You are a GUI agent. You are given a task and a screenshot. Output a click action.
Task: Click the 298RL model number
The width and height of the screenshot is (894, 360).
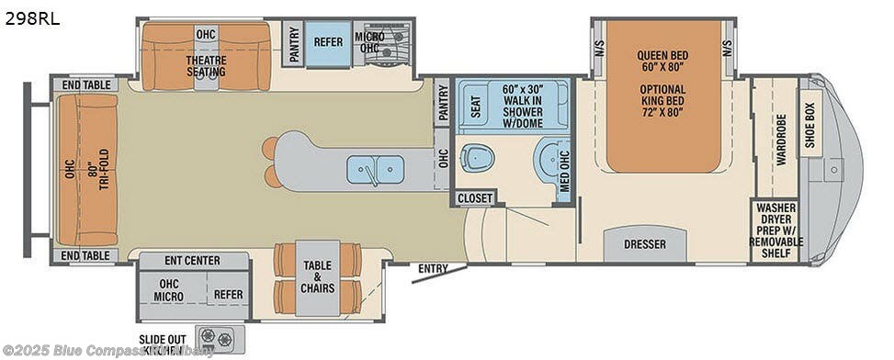pos(32,18)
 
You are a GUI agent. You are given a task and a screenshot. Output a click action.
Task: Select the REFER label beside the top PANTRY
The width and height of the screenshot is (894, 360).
pos(328,42)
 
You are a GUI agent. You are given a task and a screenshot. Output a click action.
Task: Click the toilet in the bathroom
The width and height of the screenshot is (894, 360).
pos(477,158)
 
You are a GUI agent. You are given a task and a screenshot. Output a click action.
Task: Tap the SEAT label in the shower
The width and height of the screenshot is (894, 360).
pos(475,107)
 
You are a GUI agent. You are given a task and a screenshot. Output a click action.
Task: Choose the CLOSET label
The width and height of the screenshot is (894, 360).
pos(475,197)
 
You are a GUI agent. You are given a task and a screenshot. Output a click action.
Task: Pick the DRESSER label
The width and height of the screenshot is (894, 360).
pos(644,244)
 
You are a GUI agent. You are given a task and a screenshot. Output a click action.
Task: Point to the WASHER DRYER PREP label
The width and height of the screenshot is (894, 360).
pos(776,230)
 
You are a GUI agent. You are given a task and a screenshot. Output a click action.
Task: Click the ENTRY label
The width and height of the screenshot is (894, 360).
pos(432,268)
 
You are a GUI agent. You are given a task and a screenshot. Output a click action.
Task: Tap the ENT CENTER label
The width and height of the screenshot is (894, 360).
pos(192,261)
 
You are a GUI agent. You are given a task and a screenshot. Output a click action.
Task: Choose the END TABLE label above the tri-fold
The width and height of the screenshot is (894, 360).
pos(86,84)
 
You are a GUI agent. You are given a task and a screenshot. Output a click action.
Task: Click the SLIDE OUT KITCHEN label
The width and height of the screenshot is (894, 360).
pos(163,344)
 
